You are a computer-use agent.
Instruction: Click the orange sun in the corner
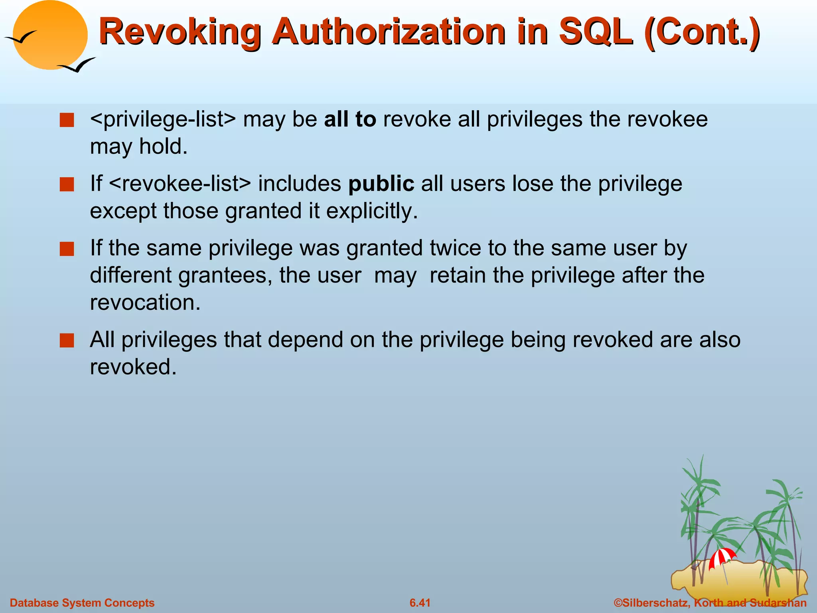click(x=50, y=35)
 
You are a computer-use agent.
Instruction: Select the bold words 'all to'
click(x=350, y=119)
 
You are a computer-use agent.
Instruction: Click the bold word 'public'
click(x=381, y=184)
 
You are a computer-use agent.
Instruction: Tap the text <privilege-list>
click(x=163, y=119)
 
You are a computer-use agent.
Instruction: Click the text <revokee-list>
click(x=180, y=184)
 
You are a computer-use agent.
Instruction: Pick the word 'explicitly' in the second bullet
click(x=371, y=211)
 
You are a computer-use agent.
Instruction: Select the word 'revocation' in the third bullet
click(x=145, y=303)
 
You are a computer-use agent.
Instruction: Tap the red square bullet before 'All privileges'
click(x=67, y=341)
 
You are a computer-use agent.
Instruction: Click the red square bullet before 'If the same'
click(x=67, y=249)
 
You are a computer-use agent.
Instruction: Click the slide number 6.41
click(x=420, y=603)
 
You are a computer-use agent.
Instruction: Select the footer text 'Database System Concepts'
click(x=82, y=603)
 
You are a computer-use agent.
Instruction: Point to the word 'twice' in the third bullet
click(x=455, y=248)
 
